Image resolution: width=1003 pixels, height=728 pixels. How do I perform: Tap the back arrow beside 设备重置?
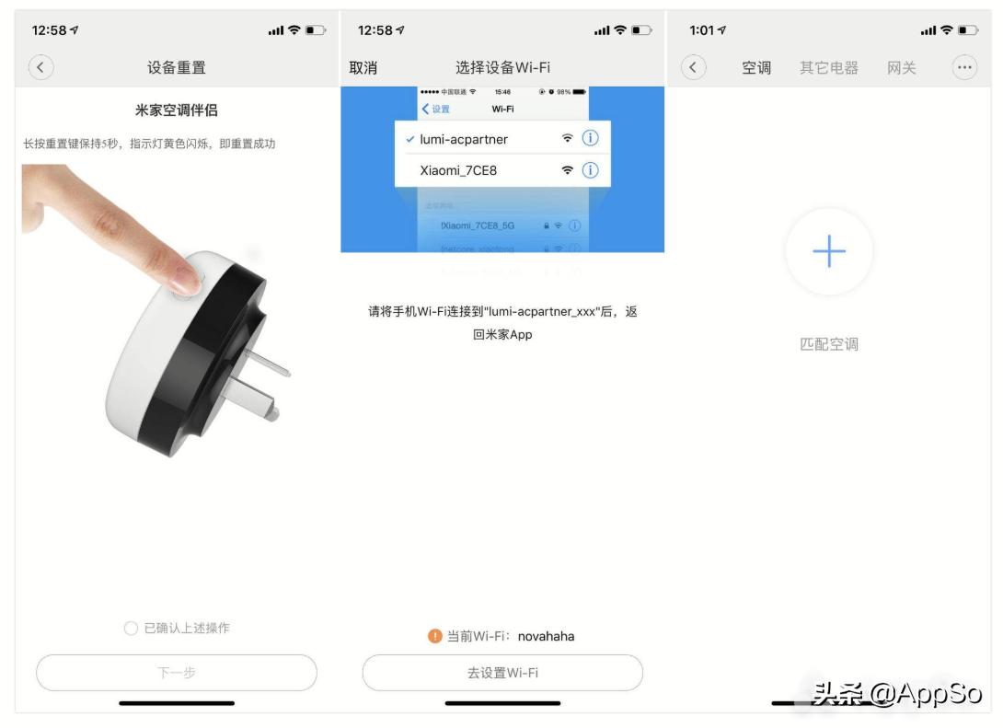click(x=41, y=67)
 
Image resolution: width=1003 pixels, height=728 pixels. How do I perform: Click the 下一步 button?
click(x=176, y=673)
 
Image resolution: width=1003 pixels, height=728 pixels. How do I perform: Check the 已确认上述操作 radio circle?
click(x=131, y=629)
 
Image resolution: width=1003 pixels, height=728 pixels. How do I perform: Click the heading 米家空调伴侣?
click(x=176, y=110)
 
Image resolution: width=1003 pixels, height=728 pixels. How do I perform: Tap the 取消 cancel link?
click(x=363, y=67)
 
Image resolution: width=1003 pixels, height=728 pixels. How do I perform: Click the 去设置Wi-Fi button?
click(x=502, y=673)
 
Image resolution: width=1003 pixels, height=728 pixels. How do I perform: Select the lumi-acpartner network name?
click(x=464, y=139)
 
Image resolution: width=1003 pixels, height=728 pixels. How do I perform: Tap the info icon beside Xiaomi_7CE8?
click(x=591, y=170)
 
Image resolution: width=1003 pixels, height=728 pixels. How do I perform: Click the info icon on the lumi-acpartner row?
click(x=591, y=139)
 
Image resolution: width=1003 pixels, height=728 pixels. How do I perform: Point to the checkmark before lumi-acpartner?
click(x=409, y=139)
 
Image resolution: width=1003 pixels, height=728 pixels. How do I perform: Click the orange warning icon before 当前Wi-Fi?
click(x=436, y=636)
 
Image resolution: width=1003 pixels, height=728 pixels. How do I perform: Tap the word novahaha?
click(x=546, y=636)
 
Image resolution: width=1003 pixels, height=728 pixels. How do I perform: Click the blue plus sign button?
click(x=829, y=251)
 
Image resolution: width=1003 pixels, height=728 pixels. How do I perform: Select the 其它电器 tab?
click(x=828, y=67)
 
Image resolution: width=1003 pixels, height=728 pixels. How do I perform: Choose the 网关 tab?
click(x=902, y=67)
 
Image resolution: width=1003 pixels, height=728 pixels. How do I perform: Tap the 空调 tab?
click(x=756, y=67)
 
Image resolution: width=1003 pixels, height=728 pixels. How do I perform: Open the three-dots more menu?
click(x=963, y=67)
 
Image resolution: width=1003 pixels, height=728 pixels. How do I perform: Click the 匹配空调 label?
click(x=829, y=344)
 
